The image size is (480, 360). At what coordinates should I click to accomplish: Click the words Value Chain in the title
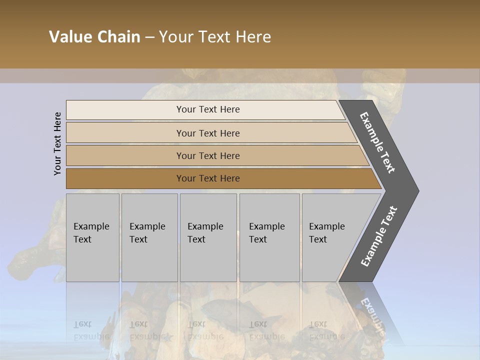94,37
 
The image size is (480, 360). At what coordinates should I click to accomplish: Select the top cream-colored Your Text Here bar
207,109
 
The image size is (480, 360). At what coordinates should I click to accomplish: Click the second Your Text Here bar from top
207,133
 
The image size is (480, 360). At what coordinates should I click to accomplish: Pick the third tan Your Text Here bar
207,155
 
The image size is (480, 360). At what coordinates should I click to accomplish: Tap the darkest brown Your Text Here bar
207,178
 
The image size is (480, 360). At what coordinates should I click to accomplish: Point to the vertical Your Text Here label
57,143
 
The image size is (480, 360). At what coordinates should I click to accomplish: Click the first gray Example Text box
92,237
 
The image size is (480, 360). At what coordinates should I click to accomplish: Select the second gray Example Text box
149,237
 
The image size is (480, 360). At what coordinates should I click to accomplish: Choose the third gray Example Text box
207,237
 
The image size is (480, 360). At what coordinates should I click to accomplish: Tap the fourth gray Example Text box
269,237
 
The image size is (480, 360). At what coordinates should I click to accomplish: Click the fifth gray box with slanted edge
330,237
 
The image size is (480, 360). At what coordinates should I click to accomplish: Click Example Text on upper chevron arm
377,142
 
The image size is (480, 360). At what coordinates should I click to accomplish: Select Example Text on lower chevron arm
378,236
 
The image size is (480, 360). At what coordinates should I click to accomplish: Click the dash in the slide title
149,37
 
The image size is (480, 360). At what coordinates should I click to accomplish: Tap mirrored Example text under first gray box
91,336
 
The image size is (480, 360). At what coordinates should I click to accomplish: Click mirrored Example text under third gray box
205,336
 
